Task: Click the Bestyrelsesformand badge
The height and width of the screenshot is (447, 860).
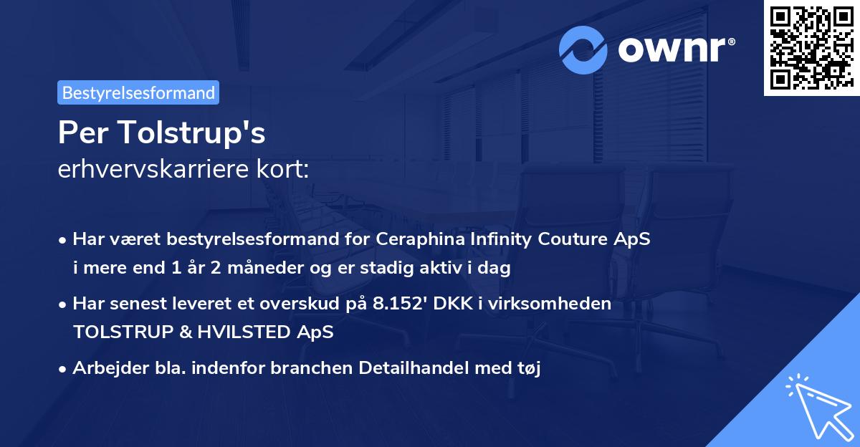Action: (x=138, y=92)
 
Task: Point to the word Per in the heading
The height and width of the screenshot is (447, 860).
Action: (x=77, y=133)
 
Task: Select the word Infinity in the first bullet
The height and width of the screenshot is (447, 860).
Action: (x=497, y=239)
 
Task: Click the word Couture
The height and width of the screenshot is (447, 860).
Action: (x=578, y=239)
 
